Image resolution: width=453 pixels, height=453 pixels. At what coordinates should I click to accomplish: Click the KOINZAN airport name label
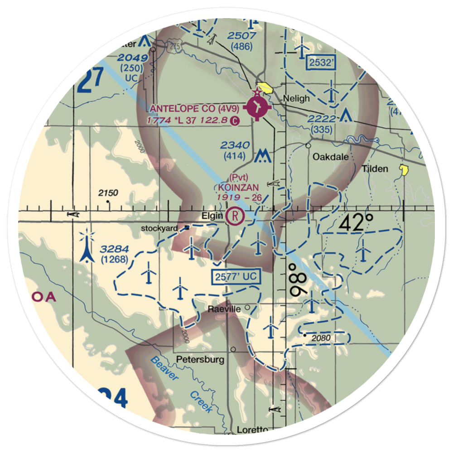(238, 187)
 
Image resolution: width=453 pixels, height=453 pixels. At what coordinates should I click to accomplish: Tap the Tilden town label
(375, 169)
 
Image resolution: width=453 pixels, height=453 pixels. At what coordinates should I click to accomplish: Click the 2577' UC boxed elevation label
(236, 276)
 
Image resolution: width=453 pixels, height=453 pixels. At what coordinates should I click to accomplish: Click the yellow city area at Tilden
(403, 170)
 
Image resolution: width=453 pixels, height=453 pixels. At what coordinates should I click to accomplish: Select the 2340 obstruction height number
(235, 145)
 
